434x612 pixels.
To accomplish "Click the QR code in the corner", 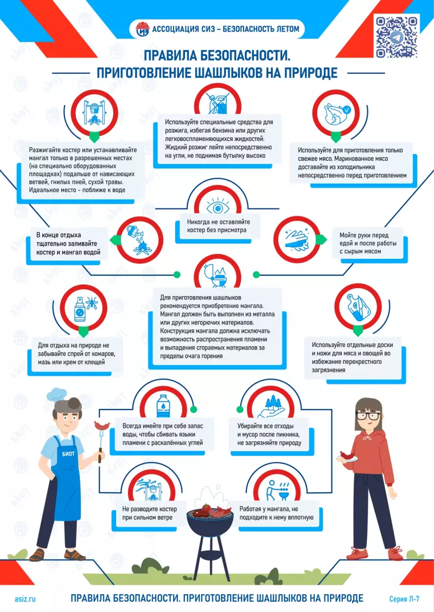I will [396, 37].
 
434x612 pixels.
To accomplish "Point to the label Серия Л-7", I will [404, 598].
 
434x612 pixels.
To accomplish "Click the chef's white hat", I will [58, 394].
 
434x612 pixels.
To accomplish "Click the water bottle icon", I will [162, 405].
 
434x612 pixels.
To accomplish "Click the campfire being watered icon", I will [139, 239].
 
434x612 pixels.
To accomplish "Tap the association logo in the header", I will [142, 29].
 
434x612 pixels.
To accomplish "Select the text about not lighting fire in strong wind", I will [147, 513].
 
